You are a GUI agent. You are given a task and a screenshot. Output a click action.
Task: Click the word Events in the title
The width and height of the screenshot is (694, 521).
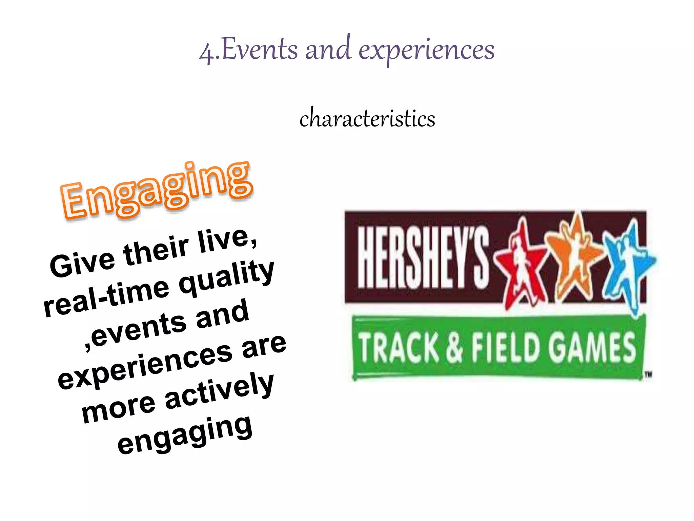point(260,50)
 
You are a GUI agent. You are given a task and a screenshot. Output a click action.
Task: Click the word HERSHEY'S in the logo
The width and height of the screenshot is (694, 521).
point(423,257)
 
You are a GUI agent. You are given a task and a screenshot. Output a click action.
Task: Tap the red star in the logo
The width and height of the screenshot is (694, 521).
point(520,265)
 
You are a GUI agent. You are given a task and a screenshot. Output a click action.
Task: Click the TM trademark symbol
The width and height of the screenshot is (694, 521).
point(648,375)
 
